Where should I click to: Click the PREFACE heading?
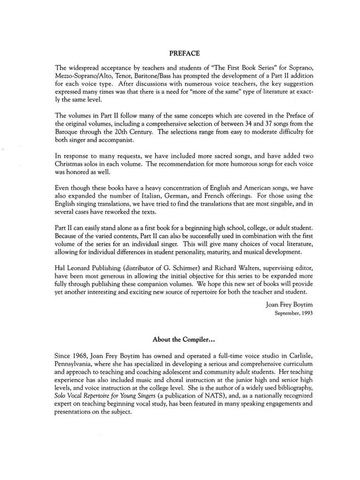[x=180, y=54]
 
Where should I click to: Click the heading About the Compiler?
[x=179, y=338]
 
